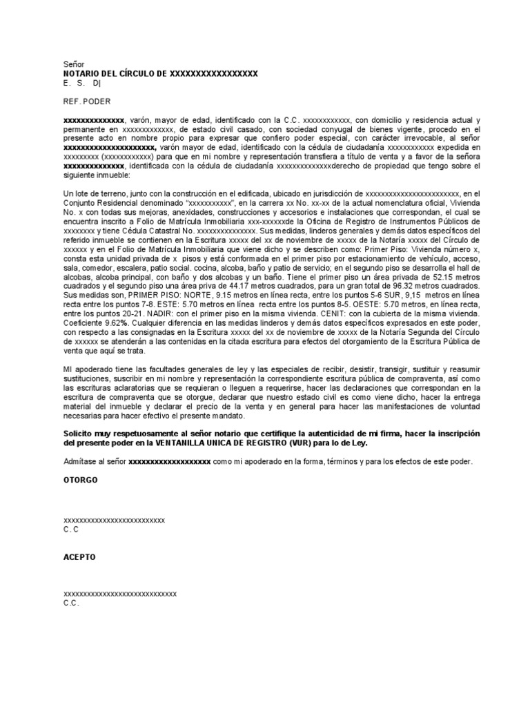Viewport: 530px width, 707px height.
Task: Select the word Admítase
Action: [x=81, y=462]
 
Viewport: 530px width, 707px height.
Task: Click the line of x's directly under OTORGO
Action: [x=114, y=519]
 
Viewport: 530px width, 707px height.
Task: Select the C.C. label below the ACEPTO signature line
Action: [x=71, y=603]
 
